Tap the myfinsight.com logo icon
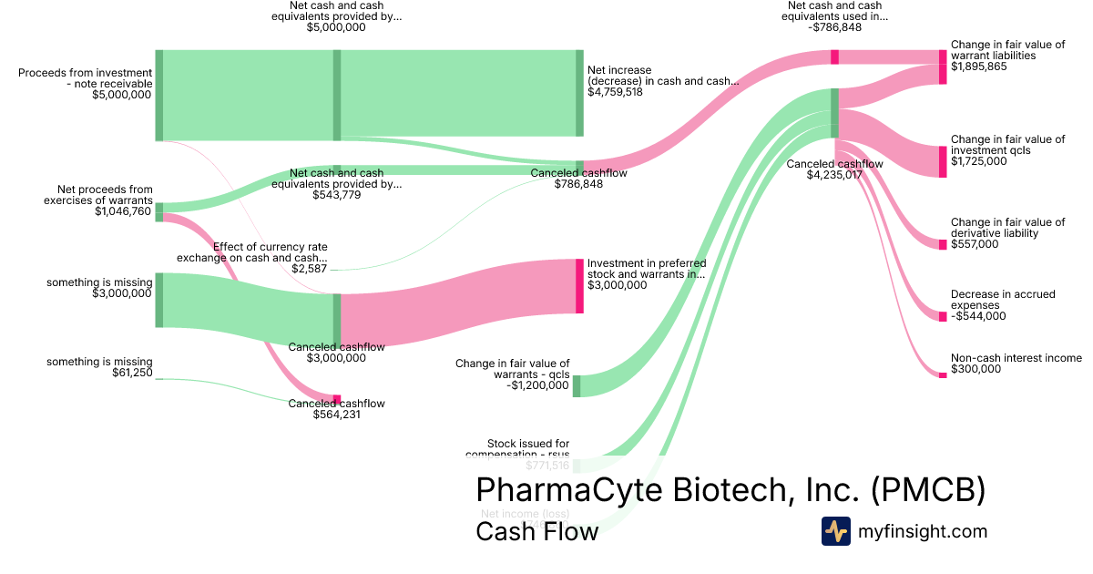pyautogui.click(x=835, y=531)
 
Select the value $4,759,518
pyautogui.click(x=615, y=92)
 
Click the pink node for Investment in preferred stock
pyautogui.click(x=578, y=286)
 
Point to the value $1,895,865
pyautogui.click(x=978, y=67)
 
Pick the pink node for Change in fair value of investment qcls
pyautogui.click(x=943, y=161)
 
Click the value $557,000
pyautogui.click(x=974, y=244)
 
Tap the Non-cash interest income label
pyautogui.click(x=1016, y=358)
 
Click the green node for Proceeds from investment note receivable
pyautogui.click(x=158, y=96)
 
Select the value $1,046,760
pyautogui.click(x=123, y=211)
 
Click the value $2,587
pyautogui.click(x=310, y=269)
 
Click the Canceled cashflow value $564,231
pyautogui.click(x=336, y=415)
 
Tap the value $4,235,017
pyautogui.click(x=833, y=175)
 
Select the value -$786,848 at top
pyautogui.click(x=834, y=27)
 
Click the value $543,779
pyautogui.click(x=336, y=194)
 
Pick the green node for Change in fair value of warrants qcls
pyautogui.click(x=577, y=386)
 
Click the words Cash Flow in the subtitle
pyautogui.click(x=536, y=531)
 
